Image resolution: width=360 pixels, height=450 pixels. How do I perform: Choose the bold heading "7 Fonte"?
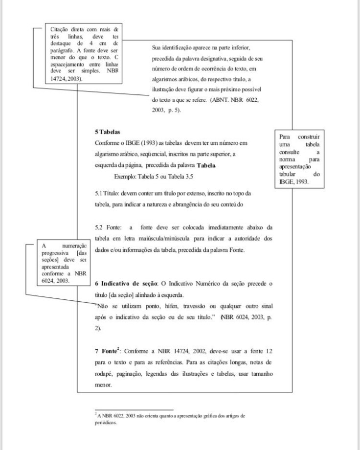click(105, 352)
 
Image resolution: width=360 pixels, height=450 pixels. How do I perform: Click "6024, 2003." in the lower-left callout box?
click(56, 281)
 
